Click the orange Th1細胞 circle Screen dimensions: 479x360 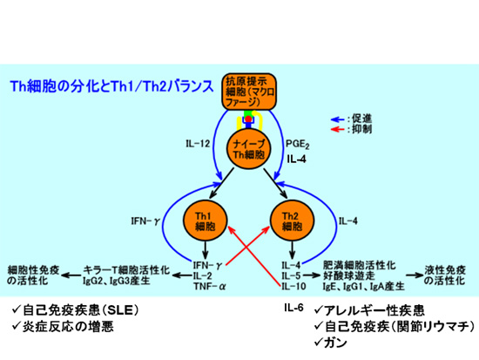point(206,221)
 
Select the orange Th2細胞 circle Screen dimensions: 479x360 point(293,221)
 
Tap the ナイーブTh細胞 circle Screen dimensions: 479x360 point(249,148)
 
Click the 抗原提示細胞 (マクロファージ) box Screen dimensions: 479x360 point(249,92)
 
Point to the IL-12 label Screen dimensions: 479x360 point(198,144)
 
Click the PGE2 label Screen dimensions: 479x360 point(297,144)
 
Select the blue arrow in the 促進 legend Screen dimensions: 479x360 point(338,119)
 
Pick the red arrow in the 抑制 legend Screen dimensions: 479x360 point(338,129)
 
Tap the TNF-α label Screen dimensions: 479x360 point(209,287)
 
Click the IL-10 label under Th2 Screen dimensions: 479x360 point(293,287)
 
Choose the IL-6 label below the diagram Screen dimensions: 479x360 point(293,308)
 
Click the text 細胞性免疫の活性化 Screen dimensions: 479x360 point(33,275)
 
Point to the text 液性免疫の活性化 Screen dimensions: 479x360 point(445,275)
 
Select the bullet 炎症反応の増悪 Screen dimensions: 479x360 point(63,327)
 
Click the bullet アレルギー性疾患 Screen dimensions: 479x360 point(369,310)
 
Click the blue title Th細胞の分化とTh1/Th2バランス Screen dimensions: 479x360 point(111,86)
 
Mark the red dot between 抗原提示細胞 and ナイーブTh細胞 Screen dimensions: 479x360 point(249,119)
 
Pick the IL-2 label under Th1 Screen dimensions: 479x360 point(202,276)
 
